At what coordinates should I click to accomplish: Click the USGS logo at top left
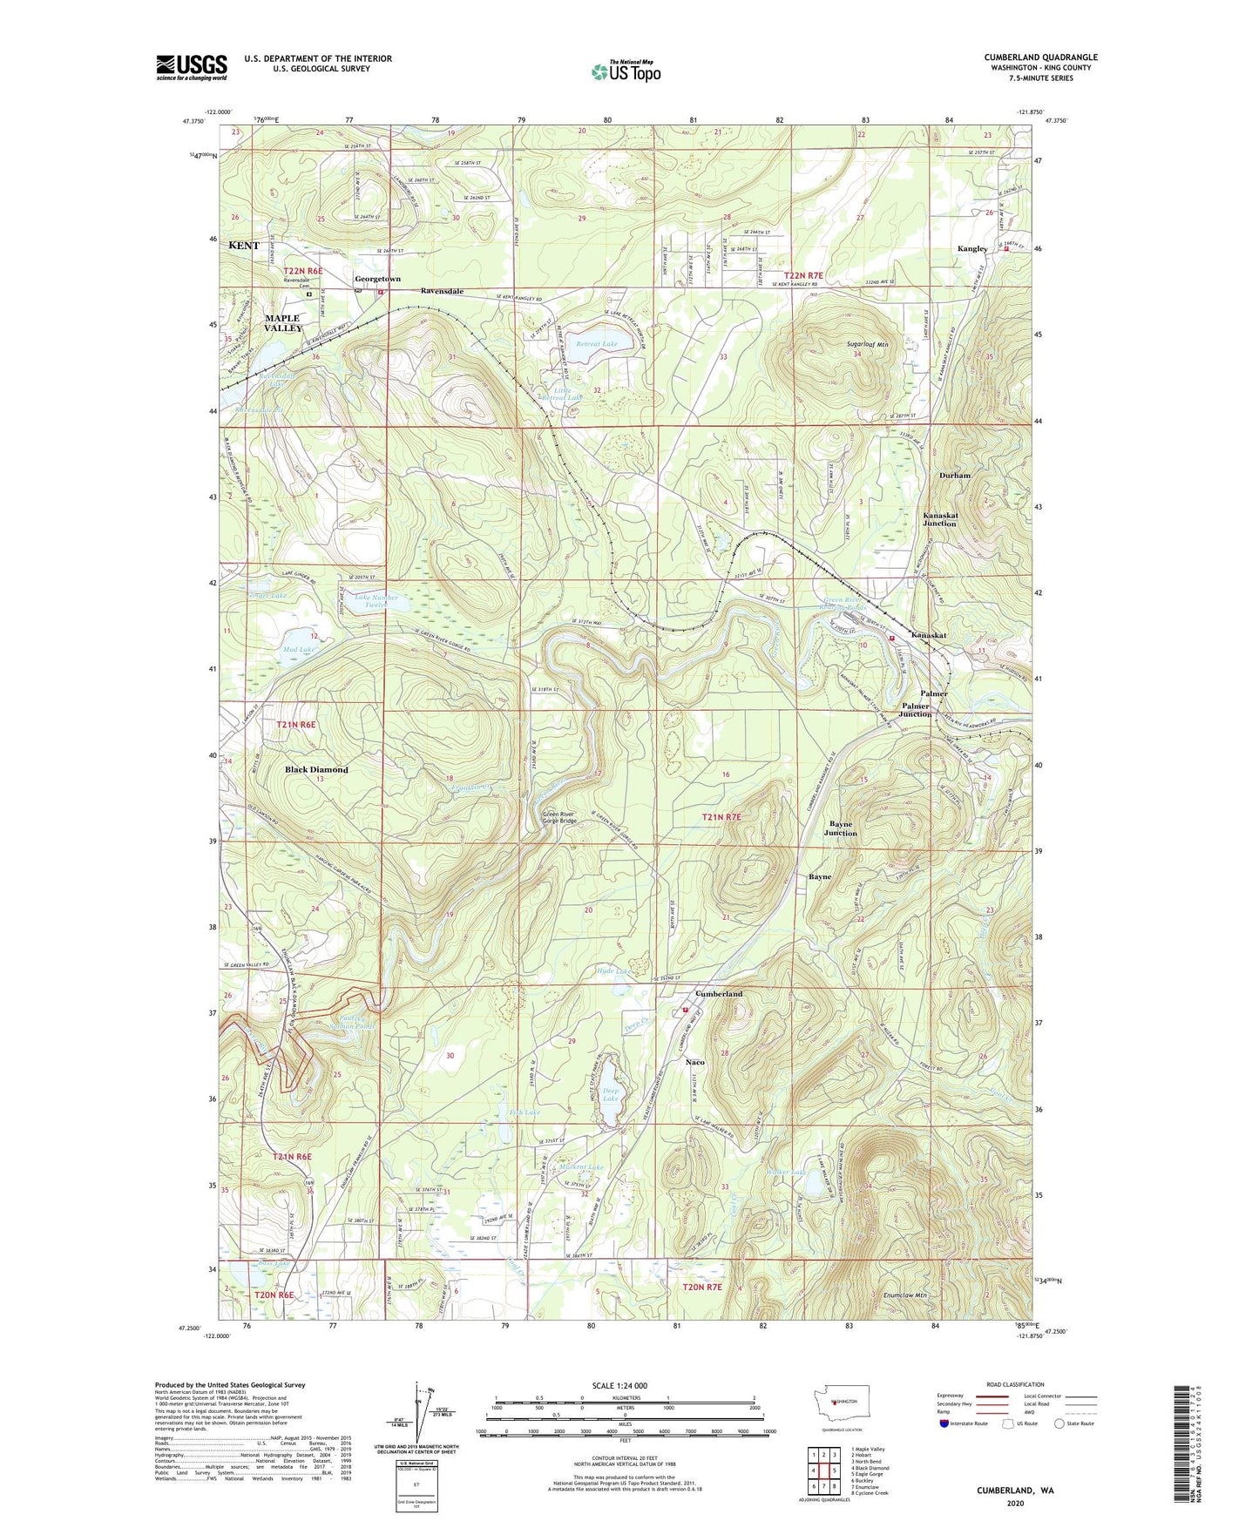(x=192, y=67)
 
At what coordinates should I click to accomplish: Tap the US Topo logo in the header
(x=626, y=71)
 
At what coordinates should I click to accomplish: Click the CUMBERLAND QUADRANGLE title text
(x=1040, y=57)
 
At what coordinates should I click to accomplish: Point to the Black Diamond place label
(x=316, y=770)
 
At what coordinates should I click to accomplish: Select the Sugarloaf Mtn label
(x=867, y=345)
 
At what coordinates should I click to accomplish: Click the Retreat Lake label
(x=597, y=344)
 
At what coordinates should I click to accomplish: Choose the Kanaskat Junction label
(x=939, y=519)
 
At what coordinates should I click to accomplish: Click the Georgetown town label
(x=377, y=279)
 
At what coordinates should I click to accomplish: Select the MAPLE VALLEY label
(x=282, y=323)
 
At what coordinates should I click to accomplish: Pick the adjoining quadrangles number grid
(x=821, y=1470)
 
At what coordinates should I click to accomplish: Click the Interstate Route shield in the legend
(x=944, y=1423)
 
